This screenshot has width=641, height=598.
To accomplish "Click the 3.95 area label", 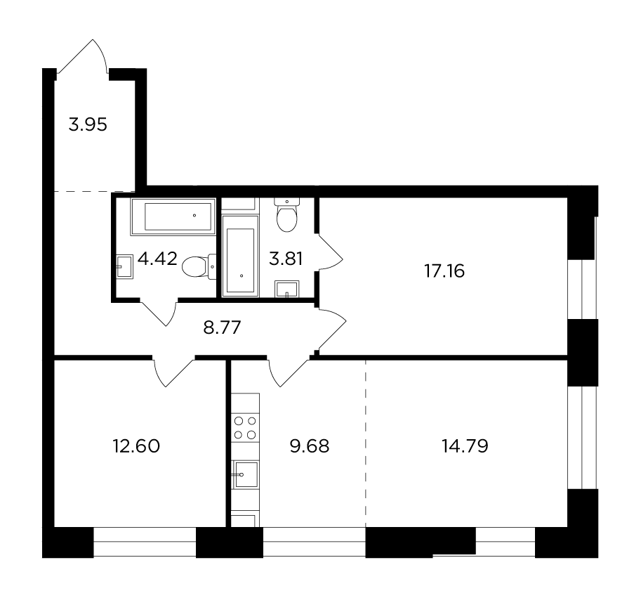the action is click(x=88, y=124).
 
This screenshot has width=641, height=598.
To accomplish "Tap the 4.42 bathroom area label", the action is click(x=157, y=259).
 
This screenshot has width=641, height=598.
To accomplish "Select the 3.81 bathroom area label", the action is click(x=286, y=259).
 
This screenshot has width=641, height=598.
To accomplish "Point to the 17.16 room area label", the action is click(x=444, y=271).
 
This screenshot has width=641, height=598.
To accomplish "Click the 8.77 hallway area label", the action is click(x=222, y=327).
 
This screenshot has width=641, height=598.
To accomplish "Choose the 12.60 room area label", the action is click(x=136, y=446).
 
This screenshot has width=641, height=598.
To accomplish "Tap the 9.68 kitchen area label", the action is click(x=310, y=446).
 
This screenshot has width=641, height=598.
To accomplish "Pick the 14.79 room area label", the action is click(x=465, y=446).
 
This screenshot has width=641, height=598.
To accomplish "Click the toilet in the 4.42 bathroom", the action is click(x=199, y=267).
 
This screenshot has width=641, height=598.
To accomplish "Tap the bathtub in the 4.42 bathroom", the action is click(x=173, y=216).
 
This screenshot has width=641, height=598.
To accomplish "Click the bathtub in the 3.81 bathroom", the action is click(x=240, y=256).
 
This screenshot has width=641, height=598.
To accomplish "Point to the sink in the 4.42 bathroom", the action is click(x=125, y=267).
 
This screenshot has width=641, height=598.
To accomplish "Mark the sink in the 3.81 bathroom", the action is click(x=287, y=289).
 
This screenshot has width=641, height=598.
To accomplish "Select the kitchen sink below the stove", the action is click(x=245, y=474).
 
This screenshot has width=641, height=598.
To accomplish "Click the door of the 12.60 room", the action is click(x=173, y=372).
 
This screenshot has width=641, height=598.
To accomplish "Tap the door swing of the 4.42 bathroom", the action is click(x=159, y=313).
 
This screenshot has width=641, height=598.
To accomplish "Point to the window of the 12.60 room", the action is click(x=145, y=542).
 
